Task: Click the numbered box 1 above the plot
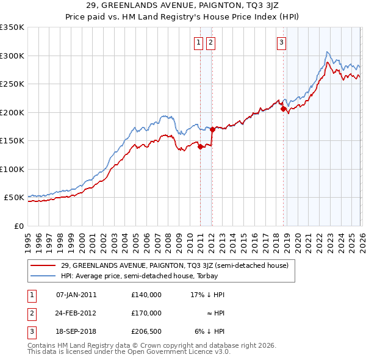tap(199, 42)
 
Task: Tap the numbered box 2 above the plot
tap(210, 42)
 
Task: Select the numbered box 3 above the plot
tap(281, 42)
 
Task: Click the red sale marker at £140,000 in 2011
tap(200, 146)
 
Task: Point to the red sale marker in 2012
tap(212, 129)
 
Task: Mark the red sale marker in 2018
tap(283, 109)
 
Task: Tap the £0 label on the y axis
tap(18, 226)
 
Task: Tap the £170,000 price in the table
tap(146, 313)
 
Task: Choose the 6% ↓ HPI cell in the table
tap(210, 331)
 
